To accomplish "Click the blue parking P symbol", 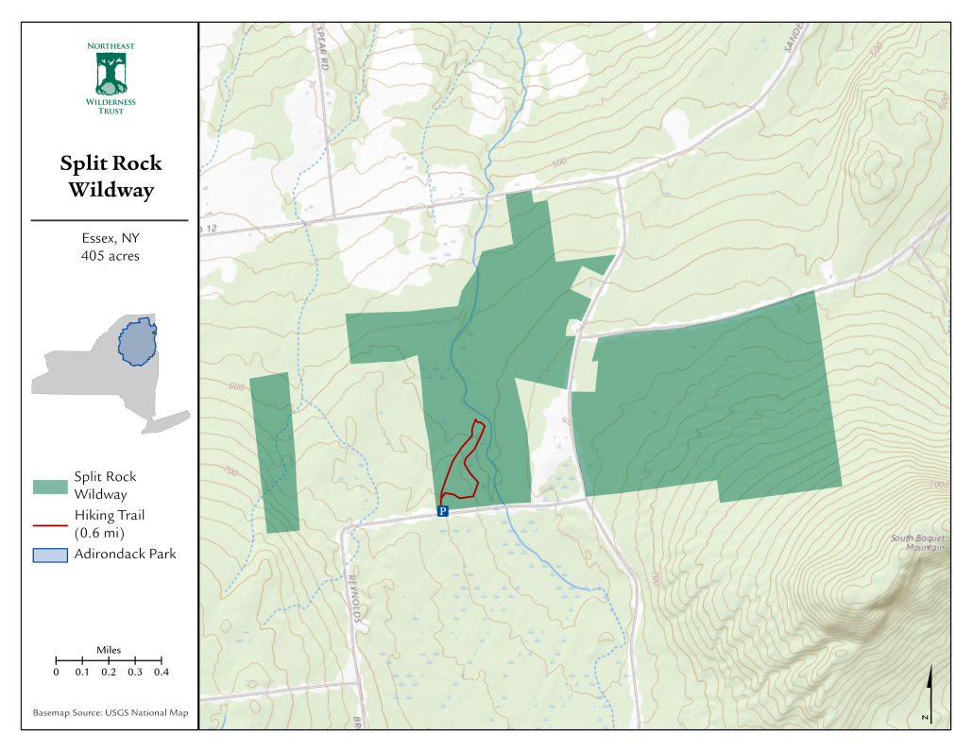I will click(442, 511).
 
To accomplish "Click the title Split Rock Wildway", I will click(111, 177).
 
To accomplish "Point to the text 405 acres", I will click(111, 256).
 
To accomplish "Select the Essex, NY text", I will click(111, 238).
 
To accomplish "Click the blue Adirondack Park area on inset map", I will click(138, 343).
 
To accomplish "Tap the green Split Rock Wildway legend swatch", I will click(50, 487).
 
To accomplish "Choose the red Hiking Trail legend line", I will click(50, 524).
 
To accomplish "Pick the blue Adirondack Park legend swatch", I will click(50, 555).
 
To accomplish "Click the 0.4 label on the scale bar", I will click(162, 673).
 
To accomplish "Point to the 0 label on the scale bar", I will click(56, 673).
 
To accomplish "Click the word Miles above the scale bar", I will click(109, 650).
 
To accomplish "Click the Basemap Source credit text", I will click(111, 712).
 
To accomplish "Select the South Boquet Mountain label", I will click(918, 543).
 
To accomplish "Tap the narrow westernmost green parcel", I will click(275, 453).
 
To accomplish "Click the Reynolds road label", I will click(351, 590).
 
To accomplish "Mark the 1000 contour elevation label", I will click(938, 484).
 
